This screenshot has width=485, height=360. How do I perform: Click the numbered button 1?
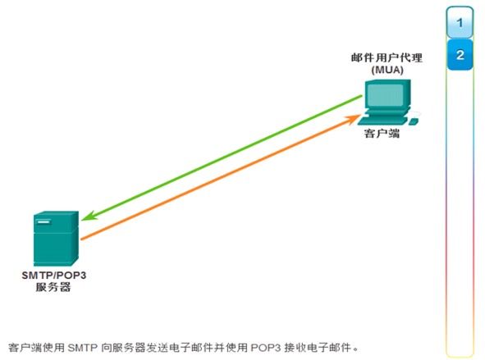(x=460, y=23)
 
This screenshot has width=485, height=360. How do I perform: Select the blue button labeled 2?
(x=460, y=55)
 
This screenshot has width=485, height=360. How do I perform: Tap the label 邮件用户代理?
(x=387, y=57)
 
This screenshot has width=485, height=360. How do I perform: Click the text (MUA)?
(x=387, y=70)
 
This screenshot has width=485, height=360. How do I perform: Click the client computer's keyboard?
(x=382, y=121)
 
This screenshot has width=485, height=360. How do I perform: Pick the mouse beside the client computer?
(x=414, y=121)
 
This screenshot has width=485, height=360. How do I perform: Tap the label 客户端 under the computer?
(x=382, y=134)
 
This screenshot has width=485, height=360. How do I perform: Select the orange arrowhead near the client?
(x=353, y=118)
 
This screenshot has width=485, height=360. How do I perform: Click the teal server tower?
(x=56, y=239)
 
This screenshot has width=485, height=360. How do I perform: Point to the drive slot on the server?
(x=43, y=221)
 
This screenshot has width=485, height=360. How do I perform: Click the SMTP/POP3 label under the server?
(x=54, y=275)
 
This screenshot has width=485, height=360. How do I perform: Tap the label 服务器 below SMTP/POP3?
(x=53, y=287)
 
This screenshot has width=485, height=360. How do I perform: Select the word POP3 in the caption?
(x=265, y=348)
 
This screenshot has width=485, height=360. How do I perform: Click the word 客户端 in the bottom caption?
(x=25, y=348)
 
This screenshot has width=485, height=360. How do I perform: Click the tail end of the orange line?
(x=81, y=239)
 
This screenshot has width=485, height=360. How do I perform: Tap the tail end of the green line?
(x=362, y=96)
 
